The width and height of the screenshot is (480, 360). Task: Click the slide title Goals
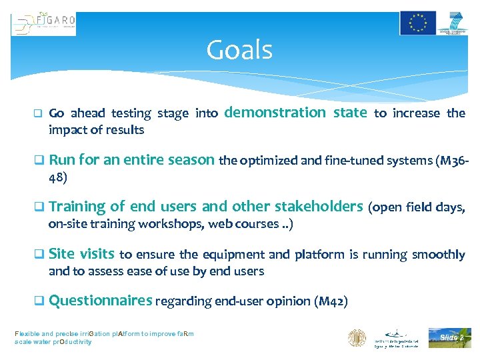239,50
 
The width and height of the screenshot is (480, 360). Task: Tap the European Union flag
418,23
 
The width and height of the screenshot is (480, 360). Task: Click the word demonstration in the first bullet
275,113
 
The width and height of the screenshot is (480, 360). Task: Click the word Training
77,207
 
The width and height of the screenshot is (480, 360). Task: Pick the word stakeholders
317,207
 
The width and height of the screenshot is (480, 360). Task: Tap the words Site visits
81,254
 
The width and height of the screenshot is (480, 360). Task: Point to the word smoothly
439,255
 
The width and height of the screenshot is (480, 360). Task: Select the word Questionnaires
101,301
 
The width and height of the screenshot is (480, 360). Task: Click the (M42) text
330,302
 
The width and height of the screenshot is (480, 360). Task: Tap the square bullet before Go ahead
38,113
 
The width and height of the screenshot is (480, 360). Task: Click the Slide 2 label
450,338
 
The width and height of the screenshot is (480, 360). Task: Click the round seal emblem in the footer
357,337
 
